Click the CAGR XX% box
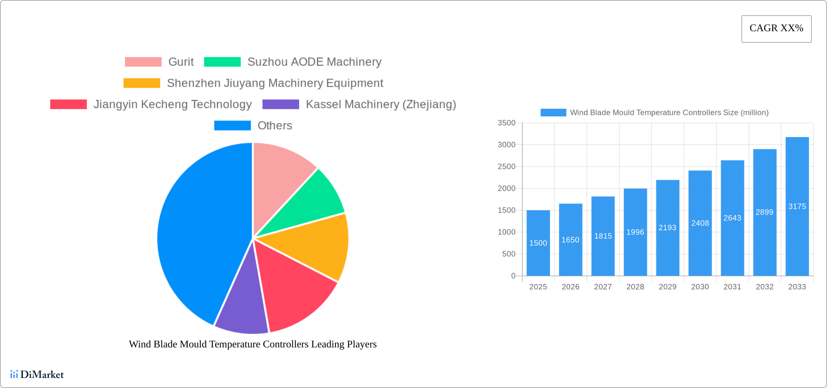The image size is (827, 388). coord(776,29)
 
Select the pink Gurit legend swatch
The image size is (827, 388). coord(143,62)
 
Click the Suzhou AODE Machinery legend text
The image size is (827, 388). coord(314,62)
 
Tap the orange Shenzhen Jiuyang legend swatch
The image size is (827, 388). coord(141,83)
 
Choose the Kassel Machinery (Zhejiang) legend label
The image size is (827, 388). coord(381,104)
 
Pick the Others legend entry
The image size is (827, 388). coord(275,125)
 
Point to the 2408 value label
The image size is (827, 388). coord(700,223)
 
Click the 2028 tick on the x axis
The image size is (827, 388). coord(635,287)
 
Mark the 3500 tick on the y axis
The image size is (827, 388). coord(506,123)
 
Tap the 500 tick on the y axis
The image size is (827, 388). coord(509,254)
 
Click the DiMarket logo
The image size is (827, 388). coord(37,374)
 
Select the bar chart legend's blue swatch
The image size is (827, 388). coord(553,113)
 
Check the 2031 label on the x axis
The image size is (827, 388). coord(732,287)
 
